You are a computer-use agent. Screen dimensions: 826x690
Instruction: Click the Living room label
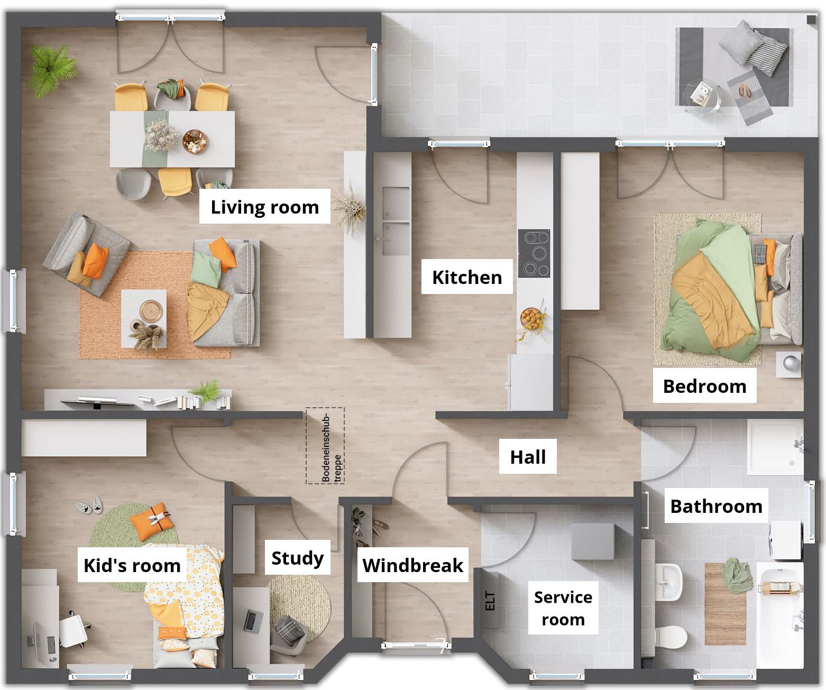[264, 207]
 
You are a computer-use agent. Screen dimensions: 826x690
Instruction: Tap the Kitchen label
[467, 277]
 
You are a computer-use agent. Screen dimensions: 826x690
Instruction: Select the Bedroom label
[704, 386]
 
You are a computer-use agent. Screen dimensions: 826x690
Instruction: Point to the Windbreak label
[412, 565]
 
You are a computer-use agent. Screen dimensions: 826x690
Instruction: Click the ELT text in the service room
[490, 601]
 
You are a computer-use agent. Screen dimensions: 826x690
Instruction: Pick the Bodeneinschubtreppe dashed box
[325, 446]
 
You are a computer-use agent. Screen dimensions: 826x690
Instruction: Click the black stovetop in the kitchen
[534, 253]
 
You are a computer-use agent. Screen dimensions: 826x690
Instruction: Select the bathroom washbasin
[668, 582]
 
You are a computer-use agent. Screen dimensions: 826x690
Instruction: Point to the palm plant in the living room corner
[51, 70]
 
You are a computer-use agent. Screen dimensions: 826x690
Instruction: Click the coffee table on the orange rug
[144, 319]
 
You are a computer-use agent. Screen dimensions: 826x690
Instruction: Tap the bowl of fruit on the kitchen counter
[530, 318]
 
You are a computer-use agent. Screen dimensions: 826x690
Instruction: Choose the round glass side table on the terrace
[701, 97]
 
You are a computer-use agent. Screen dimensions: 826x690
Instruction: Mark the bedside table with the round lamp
[789, 364]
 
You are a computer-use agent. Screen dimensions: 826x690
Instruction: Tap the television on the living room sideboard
[97, 403]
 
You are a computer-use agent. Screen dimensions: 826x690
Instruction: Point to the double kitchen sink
[396, 221]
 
